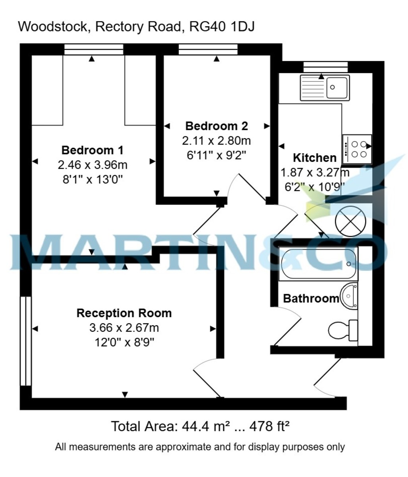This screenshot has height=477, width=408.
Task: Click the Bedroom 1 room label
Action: (x=92, y=150)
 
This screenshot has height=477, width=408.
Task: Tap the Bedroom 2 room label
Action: (x=217, y=126)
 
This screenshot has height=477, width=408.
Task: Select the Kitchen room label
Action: (x=315, y=158)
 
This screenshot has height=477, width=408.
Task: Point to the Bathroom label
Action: (x=311, y=299)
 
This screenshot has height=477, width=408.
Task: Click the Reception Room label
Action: (x=124, y=313)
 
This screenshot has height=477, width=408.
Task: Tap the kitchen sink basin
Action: (x=336, y=88)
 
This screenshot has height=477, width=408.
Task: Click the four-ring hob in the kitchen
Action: (x=357, y=149)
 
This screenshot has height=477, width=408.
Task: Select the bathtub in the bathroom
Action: (x=318, y=264)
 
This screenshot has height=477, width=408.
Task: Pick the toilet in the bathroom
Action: (x=343, y=330)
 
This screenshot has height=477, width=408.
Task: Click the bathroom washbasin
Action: (x=349, y=296)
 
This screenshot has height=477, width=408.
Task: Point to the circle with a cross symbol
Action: (x=350, y=221)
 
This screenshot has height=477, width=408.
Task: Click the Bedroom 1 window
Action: (x=94, y=49)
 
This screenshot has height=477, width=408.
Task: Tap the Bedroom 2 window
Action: (x=208, y=49)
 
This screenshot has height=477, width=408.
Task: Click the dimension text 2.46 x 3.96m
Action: (x=92, y=165)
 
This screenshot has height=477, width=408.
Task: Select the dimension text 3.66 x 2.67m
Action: (x=124, y=328)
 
